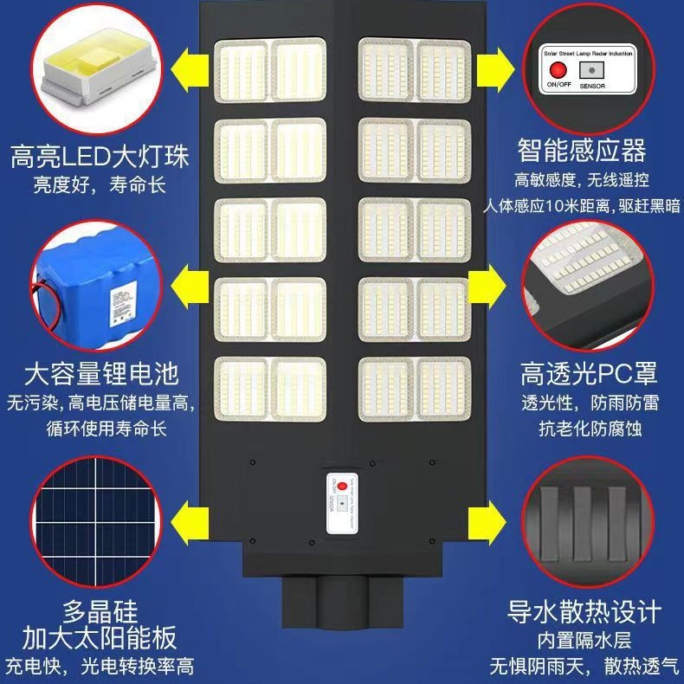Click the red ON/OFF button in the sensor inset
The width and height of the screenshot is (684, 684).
555,73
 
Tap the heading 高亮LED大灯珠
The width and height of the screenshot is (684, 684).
99,157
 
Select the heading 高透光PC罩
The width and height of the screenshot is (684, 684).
589,374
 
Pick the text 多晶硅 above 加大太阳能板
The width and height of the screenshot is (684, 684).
100,610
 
